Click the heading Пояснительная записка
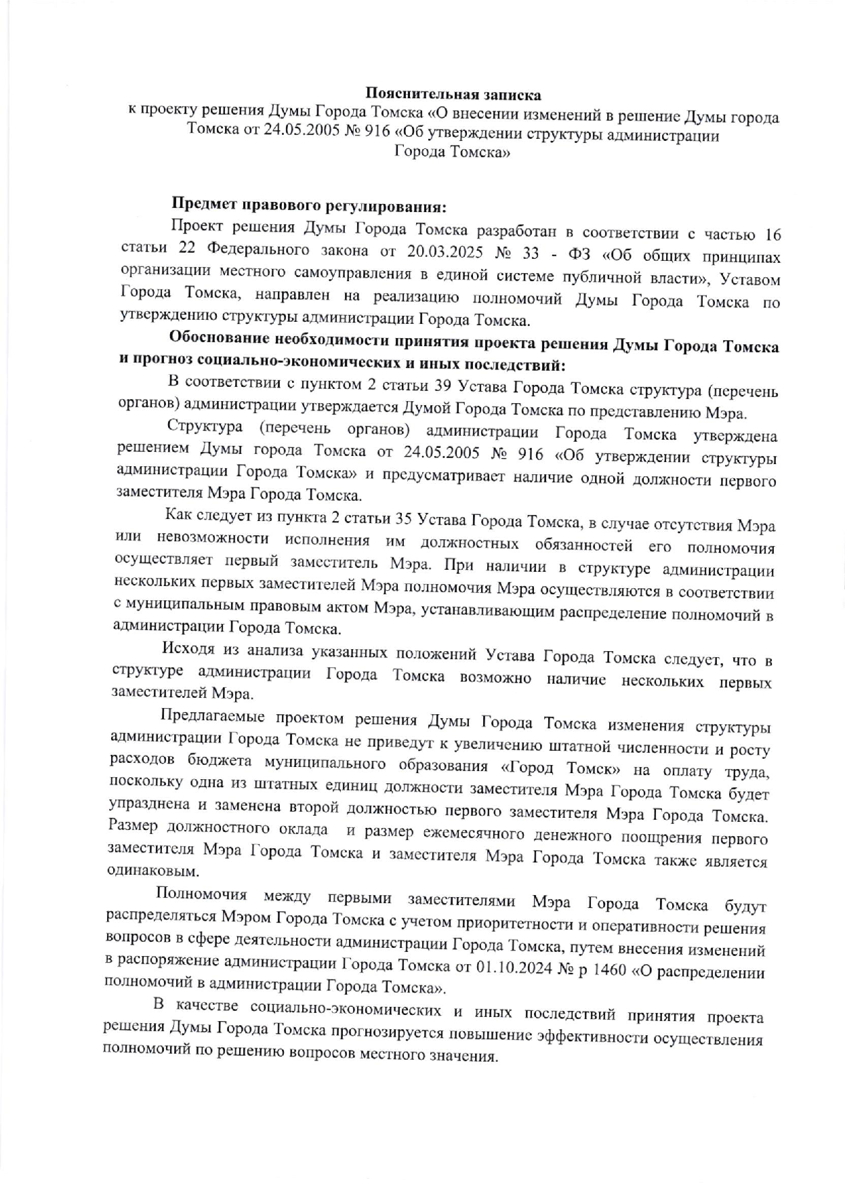453,93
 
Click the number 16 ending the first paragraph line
772,234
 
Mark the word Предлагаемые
211,716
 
